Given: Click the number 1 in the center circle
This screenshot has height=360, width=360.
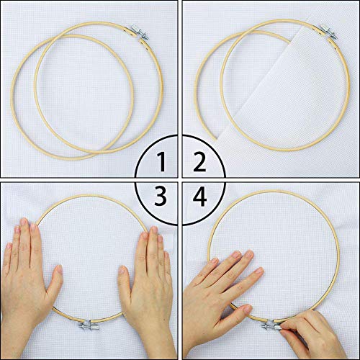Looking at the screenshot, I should point(164,165).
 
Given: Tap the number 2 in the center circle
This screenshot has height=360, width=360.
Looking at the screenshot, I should point(197,165).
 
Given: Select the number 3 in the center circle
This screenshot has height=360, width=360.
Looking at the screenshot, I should point(162,196).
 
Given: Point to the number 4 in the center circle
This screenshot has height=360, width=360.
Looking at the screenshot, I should point(197,196).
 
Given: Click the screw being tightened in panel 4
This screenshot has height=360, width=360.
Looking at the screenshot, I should point(269,326).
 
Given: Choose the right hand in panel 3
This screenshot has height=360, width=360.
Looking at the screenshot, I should point(148,284).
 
